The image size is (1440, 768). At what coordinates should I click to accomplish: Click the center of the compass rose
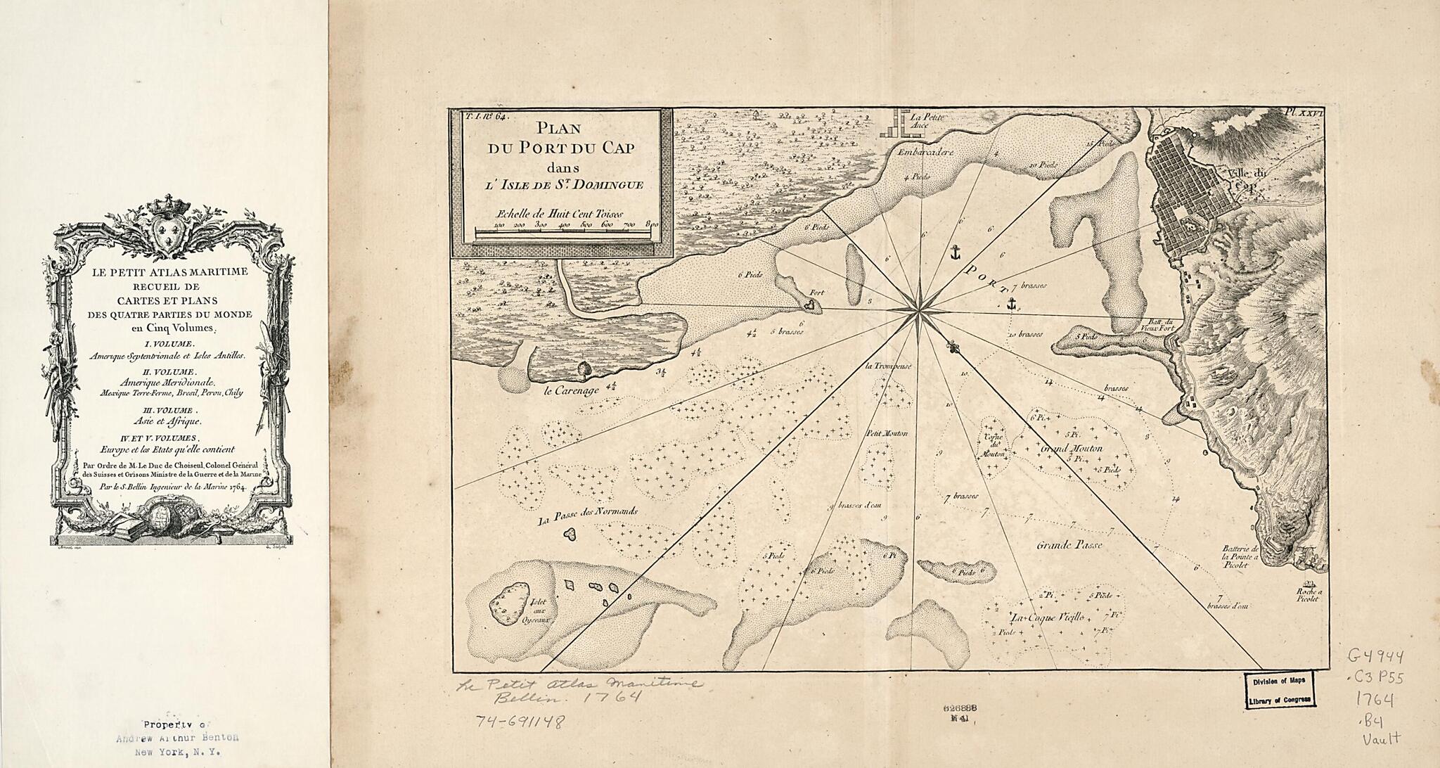(x=918, y=310)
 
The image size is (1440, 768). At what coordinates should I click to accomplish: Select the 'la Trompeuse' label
(x=889, y=366)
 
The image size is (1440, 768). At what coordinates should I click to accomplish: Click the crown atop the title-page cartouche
(x=167, y=205)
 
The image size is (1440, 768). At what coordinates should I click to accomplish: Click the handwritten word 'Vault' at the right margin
(x=1382, y=738)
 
